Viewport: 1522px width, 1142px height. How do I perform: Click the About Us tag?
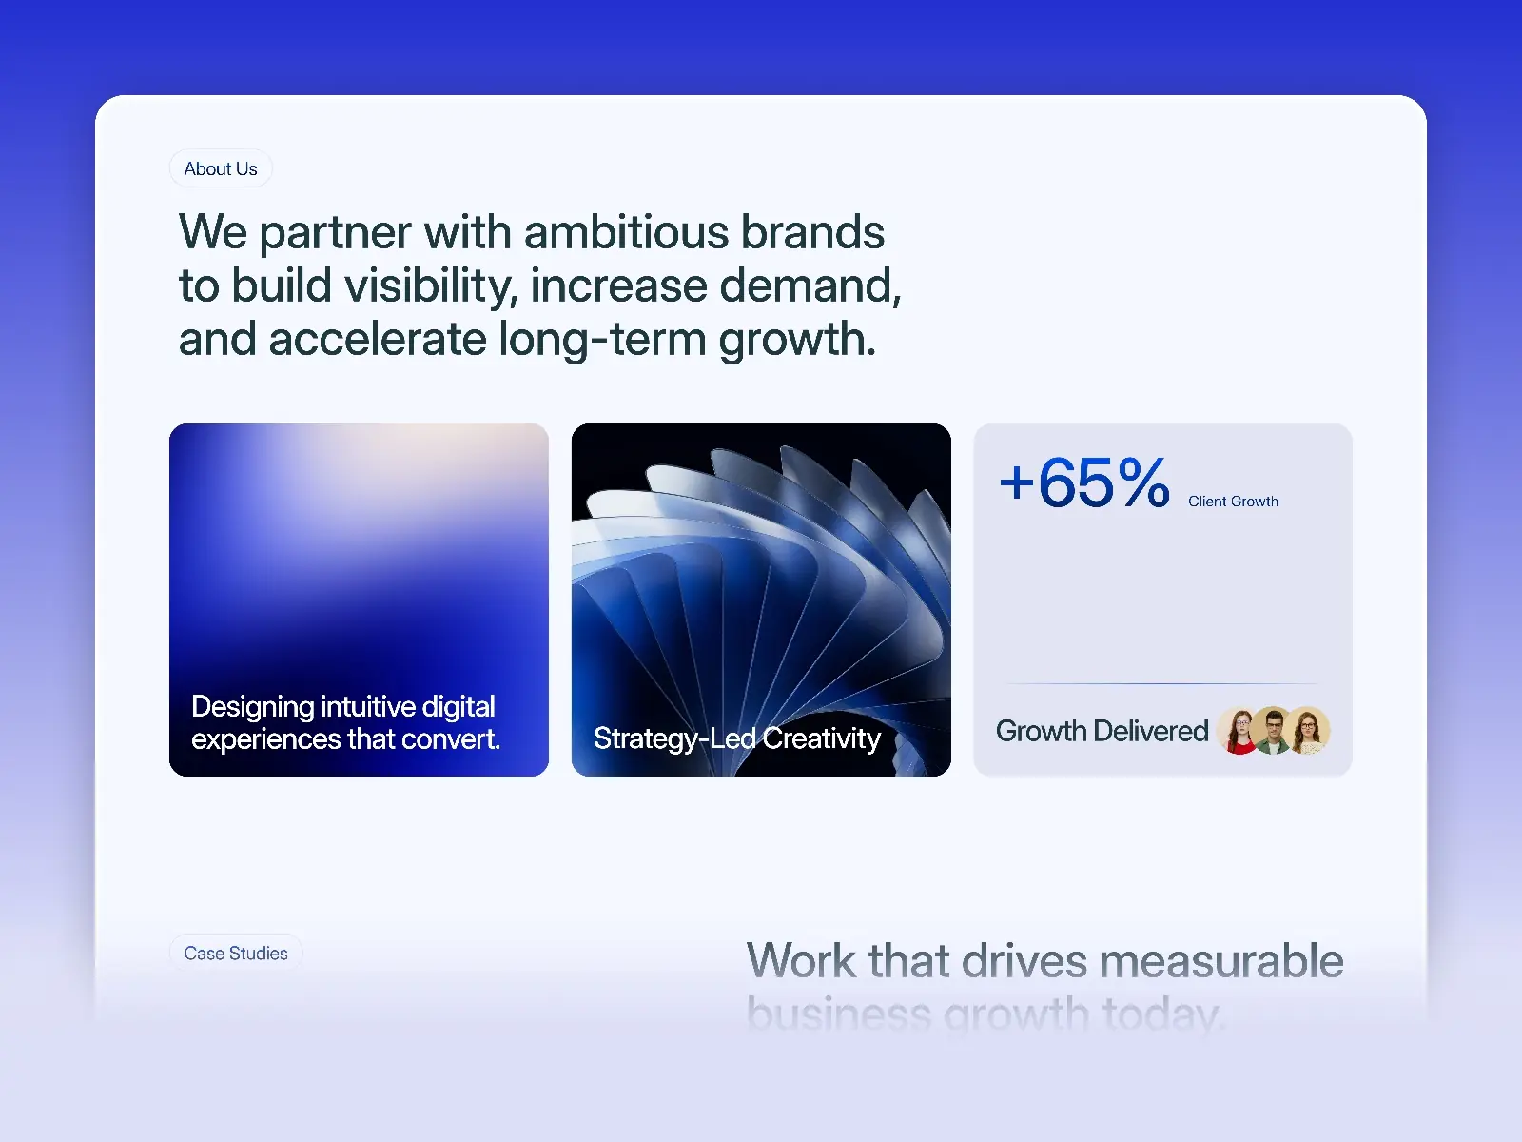pos(221,168)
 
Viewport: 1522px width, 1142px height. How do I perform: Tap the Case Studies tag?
pos(236,953)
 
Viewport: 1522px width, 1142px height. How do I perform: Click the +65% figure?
pos(1084,482)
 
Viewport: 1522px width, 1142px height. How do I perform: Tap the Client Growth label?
pos(1233,502)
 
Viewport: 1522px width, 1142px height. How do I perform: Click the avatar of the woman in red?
pos(1240,731)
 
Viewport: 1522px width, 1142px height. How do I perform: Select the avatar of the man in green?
pos(1275,731)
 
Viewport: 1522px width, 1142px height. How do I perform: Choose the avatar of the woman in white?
pos(1310,731)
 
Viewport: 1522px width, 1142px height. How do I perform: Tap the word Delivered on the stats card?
pos(1151,731)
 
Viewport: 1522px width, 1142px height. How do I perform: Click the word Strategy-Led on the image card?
pos(674,738)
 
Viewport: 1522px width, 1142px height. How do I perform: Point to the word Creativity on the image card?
pos(822,738)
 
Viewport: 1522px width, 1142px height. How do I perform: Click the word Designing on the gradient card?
pos(253,706)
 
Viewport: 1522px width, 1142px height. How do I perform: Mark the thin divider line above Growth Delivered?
pos(1162,683)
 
